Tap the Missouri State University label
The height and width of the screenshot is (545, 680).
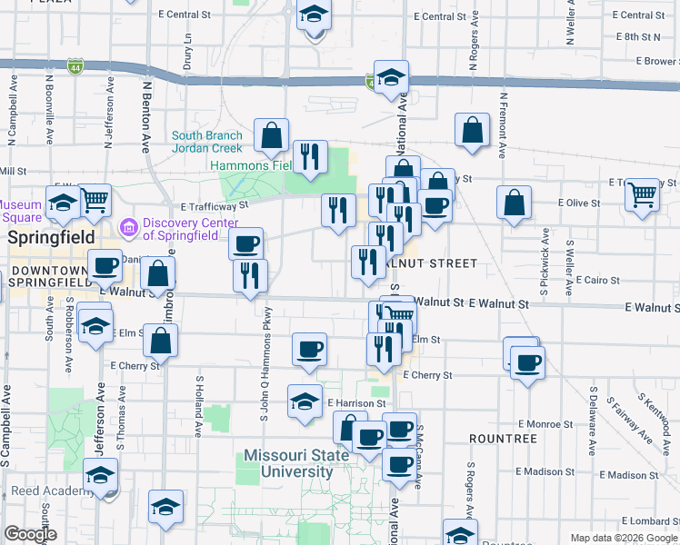296,463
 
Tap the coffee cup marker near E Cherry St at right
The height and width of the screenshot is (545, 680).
525,363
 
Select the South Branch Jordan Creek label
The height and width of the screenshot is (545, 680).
208,142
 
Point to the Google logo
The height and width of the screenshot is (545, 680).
30,534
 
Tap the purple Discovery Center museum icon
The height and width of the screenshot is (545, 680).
128,224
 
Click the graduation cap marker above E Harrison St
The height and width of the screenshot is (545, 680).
305,400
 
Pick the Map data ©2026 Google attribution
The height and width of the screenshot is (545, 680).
622,538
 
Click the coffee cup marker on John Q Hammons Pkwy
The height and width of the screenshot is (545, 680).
245,243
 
